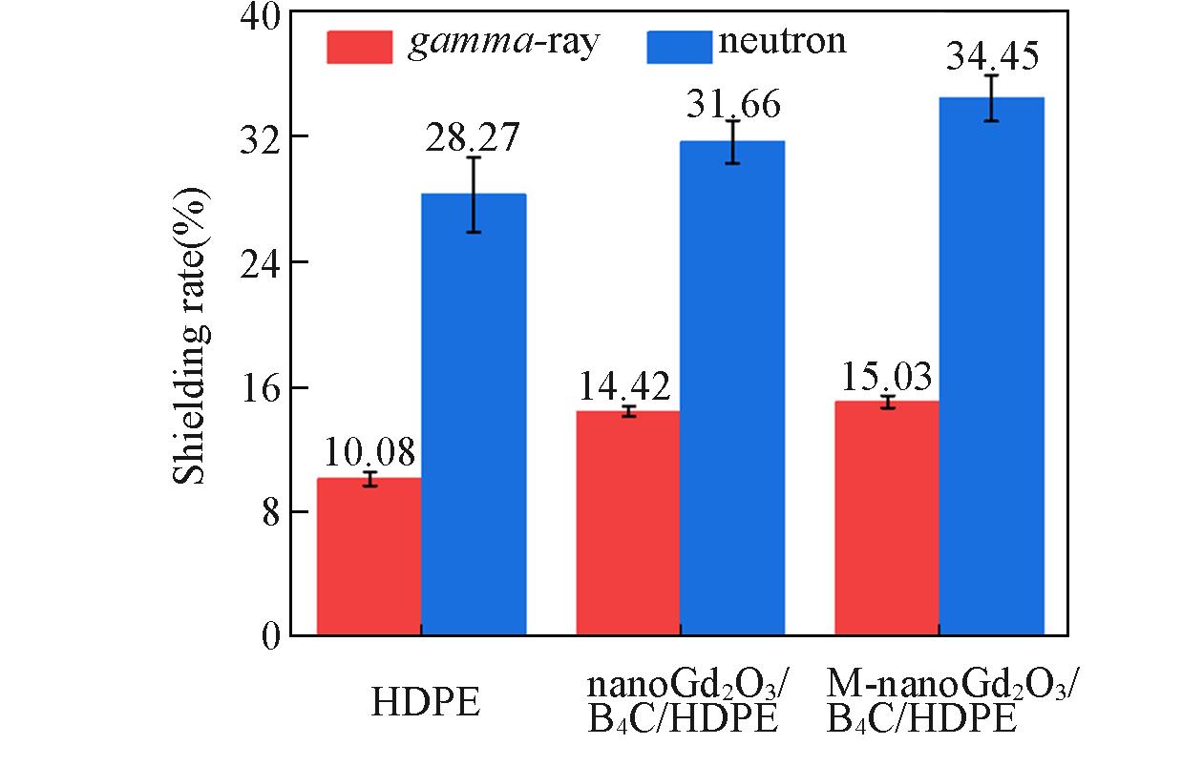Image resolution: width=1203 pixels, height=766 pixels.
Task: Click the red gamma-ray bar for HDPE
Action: click(x=369, y=557)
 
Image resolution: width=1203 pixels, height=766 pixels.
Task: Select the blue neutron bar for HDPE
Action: click(x=474, y=415)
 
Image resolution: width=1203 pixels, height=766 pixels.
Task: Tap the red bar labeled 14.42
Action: click(x=628, y=524)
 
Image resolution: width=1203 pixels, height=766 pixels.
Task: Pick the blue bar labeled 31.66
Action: click(x=732, y=388)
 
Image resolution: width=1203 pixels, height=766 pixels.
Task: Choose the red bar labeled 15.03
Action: click(x=887, y=519)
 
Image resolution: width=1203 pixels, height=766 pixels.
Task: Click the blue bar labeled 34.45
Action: click(x=991, y=366)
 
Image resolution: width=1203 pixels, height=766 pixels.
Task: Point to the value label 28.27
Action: click(x=473, y=138)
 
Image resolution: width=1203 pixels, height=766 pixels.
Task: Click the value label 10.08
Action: click(x=369, y=451)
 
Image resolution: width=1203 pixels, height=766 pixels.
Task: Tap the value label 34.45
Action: click(x=992, y=58)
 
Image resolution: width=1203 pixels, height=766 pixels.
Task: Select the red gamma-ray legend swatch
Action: click(x=359, y=46)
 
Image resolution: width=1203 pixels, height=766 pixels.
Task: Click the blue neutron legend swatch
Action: click(x=679, y=46)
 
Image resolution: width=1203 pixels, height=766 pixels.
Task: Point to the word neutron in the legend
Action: click(x=782, y=42)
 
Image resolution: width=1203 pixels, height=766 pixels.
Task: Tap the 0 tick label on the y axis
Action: click(x=270, y=636)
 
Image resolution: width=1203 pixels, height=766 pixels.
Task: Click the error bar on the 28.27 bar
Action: click(x=474, y=194)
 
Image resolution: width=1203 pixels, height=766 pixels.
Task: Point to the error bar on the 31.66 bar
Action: click(x=732, y=141)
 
